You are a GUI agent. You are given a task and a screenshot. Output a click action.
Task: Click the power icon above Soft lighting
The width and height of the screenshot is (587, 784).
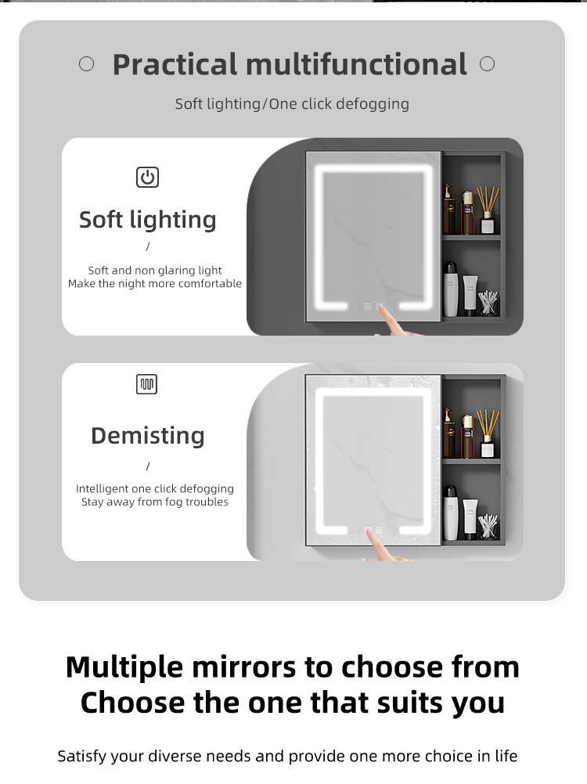147,178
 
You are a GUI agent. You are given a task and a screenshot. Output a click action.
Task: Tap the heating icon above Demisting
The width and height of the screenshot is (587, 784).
146,384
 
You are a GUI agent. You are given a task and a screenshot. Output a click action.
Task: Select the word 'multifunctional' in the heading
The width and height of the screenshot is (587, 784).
356,64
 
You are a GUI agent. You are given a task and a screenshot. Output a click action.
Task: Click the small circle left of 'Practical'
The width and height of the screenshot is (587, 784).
87,64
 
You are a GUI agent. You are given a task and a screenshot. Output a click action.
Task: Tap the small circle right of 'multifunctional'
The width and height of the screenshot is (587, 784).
487,64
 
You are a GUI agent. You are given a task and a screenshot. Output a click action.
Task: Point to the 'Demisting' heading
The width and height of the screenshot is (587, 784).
148,436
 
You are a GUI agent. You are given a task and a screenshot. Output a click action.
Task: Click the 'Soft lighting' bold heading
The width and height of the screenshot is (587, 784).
148,220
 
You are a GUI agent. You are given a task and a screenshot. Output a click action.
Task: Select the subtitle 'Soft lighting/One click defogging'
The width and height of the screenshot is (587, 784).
292,104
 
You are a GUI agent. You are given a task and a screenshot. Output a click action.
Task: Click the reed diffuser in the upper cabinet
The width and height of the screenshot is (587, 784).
488,210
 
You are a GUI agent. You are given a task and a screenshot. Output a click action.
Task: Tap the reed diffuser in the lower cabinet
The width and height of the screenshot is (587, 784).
488,433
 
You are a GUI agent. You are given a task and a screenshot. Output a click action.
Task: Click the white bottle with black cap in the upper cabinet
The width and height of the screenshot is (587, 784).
451,289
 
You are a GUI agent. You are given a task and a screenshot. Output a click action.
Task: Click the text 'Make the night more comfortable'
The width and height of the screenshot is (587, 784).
155,283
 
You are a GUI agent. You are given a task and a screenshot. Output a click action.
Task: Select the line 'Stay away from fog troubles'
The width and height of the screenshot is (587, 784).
155,502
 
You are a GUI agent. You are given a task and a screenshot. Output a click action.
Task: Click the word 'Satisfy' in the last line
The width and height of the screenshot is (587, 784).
82,756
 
